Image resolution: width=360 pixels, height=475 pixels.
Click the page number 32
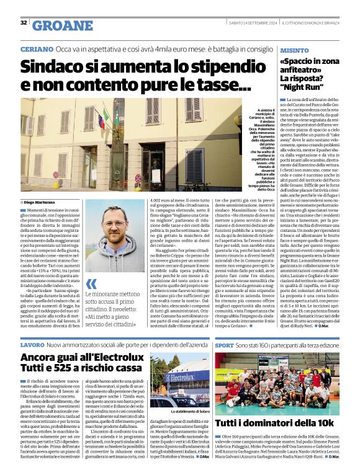(24, 23)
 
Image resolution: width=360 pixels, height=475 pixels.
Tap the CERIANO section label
(36, 48)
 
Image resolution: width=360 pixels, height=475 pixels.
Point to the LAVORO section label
(32, 344)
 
